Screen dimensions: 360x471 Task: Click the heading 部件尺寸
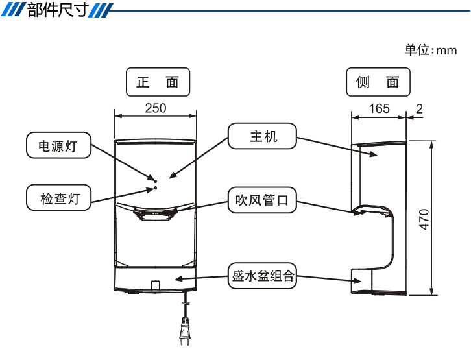pyautogui.click(x=57, y=11)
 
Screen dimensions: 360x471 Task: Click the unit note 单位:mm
pyautogui.click(x=430, y=50)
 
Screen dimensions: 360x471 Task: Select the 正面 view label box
pyautogui.click(x=157, y=82)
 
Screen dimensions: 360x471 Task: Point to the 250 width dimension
pyautogui.click(x=156, y=108)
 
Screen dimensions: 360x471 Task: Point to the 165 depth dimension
pyautogui.click(x=380, y=108)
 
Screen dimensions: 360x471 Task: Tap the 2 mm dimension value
pyautogui.click(x=419, y=108)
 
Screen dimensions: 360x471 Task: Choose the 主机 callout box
pyautogui.click(x=263, y=136)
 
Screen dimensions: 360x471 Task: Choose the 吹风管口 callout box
pyautogui.click(x=263, y=201)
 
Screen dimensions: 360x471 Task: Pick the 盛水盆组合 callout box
pyautogui.click(x=263, y=277)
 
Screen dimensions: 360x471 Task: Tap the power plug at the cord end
pyautogui.click(x=185, y=335)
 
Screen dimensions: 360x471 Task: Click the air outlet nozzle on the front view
pyautogui.click(x=155, y=213)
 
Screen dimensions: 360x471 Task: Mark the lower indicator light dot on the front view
pyautogui.click(x=155, y=188)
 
